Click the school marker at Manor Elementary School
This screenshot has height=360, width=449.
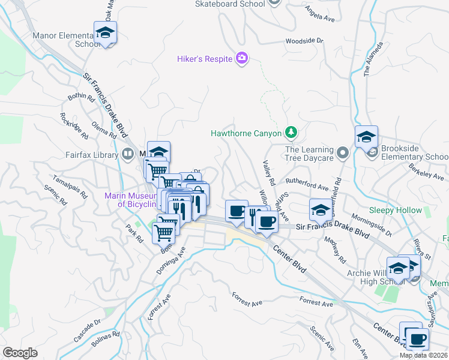[x=105, y=33]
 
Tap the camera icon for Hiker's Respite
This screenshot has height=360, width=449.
[x=242, y=58]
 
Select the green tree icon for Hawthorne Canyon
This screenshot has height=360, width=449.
[x=291, y=131]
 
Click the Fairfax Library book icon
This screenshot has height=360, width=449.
[x=127, y=154]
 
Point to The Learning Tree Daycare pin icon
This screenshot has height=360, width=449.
[x=343, y=153]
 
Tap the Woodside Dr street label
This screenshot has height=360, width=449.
[x=304, y=41]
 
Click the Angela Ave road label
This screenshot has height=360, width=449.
[x=319, y=15]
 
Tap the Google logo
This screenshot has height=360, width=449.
[x=20, y=352]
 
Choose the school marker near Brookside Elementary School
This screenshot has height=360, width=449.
[x=366, y=137]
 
